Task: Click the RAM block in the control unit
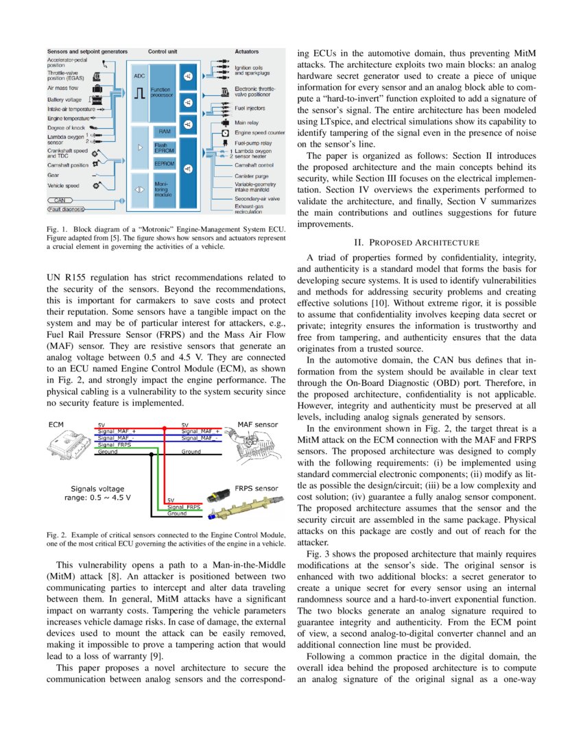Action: click(x=165, y=130)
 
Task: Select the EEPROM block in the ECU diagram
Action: click(x=165, y=164)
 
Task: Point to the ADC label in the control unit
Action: click(x=139, y=76)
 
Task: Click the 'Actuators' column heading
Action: click(x=247, y=51)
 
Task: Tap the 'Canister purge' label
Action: click(x=252, y=175)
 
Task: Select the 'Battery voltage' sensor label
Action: click(x=64, y=99)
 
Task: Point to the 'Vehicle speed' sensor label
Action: click(x=63, y=185)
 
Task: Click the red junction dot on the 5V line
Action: click(x=164, y=428)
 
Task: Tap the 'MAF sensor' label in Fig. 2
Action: click(x=257, y=424)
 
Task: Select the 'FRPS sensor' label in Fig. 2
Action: click(x=257, y=488)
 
